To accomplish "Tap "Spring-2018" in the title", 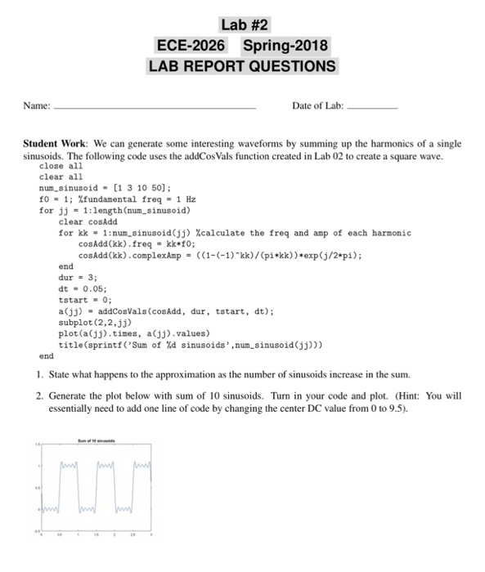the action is click(x=284, y=45).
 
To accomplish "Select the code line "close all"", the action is click(x=61, y=166).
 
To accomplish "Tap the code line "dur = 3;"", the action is click(x=76, y=275).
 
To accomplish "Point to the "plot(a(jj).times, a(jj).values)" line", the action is click(x=133, y=333).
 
